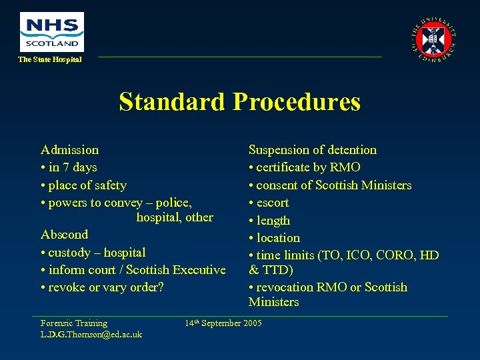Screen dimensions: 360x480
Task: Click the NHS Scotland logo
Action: (52, 31)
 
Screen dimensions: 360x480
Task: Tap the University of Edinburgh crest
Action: (434, 39)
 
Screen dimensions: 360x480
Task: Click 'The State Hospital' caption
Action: (49, 60)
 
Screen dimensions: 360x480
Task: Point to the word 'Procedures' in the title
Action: (296, 102)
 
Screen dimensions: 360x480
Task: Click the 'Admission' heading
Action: (69, 150)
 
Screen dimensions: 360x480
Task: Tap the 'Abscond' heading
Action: (64, 235)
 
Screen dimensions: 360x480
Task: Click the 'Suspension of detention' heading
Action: (313, 150)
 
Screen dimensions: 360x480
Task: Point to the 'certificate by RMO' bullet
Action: (305, 167)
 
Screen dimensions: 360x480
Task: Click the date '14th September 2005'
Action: (223, 323)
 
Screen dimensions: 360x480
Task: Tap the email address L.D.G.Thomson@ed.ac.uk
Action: (91, 334)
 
